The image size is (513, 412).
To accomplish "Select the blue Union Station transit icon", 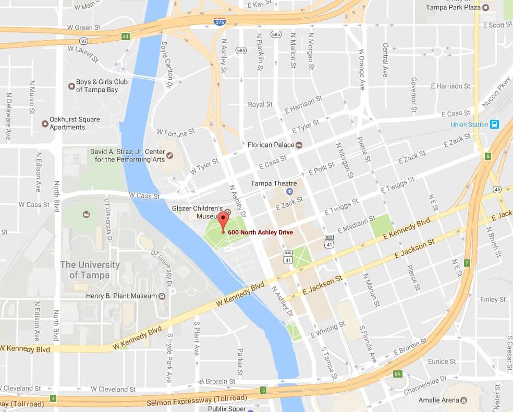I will pos(494,124).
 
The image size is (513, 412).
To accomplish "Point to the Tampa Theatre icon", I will pos(289,191).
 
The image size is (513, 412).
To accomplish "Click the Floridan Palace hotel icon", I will pos(299,145).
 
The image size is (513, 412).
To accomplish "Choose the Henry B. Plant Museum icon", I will pos(162,296).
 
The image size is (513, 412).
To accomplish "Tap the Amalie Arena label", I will pos(438,401).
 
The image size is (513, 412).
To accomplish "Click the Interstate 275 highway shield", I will pos(219,21).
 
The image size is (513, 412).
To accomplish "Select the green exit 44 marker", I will pos(126,36).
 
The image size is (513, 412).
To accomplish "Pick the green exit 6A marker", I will pos(398,374).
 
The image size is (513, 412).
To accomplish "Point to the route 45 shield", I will pos(496,189).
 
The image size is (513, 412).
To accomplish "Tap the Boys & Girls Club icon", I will pos(71,86).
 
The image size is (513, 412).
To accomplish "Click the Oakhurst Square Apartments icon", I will pos(45,123).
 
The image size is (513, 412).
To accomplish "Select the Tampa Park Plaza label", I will pos(453,7).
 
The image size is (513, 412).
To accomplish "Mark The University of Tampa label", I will pos(90,270).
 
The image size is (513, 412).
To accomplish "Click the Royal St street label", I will pos(260,105).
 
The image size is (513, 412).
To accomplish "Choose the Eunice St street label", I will pos(442,361).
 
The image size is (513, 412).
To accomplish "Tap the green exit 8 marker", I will pos(488,156).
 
